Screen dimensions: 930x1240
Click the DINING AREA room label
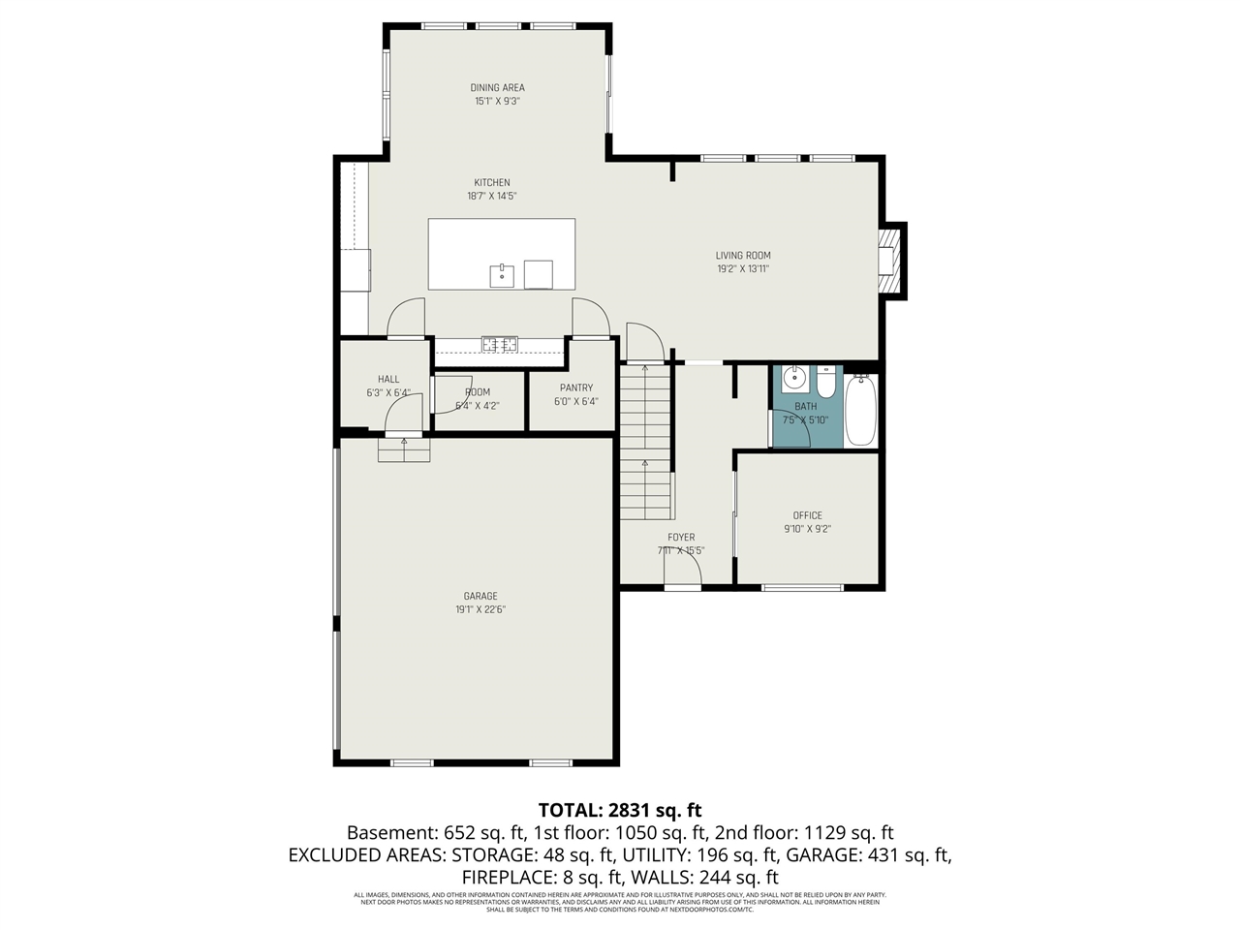[497, 88]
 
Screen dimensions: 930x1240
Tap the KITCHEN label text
[491, 183]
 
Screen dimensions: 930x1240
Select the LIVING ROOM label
[743, 256]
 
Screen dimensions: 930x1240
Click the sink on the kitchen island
[502, 274]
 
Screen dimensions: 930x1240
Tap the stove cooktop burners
[500, 343]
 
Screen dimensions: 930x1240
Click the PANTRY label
[575, 387]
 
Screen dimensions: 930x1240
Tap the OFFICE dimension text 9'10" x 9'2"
[807, 529]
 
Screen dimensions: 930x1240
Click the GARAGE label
[480, 596]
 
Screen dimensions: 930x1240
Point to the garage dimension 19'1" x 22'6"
[480, 609]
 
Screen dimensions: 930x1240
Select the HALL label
[388, 380]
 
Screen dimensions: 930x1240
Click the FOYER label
[681, 537]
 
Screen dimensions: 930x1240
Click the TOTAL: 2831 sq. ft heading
[620, 810]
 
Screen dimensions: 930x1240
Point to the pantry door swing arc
[589, 315]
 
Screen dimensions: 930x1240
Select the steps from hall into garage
[403, 450]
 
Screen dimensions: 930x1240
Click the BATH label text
[805, 407]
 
